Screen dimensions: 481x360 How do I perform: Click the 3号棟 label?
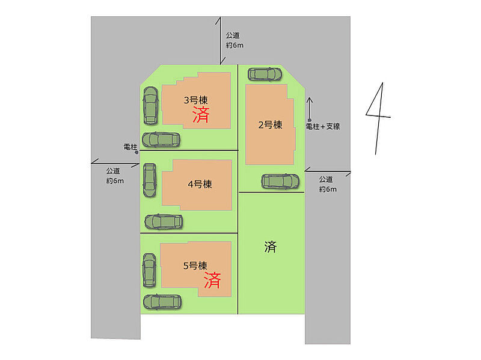[196, 100]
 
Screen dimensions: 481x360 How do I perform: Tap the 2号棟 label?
[270, 125]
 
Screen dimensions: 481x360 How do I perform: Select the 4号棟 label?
[200, 184]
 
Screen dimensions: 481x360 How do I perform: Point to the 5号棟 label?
[195, 266]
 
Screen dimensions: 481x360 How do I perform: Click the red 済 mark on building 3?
[201, 114]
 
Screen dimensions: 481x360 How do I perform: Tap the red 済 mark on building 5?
[212, 280]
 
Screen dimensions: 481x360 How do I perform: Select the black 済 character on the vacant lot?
[270, 247]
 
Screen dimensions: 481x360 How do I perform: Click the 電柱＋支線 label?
[323, 126]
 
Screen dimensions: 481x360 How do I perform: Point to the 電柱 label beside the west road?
[130, 147]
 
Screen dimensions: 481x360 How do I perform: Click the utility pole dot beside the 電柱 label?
[136, 152]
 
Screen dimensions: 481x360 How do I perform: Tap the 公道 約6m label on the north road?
[234, 40]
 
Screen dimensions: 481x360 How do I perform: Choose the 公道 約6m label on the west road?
[115, 175]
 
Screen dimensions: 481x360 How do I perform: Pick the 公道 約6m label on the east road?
[328, 184]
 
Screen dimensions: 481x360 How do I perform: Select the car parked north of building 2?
[265, 74]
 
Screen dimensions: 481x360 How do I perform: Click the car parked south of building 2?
[280, 182]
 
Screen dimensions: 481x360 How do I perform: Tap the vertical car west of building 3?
[151, 106]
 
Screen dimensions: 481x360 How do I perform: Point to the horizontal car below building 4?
[164, 221]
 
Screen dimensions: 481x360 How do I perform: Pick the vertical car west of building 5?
[149, 270]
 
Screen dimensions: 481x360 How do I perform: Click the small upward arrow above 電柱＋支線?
[310, 109]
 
